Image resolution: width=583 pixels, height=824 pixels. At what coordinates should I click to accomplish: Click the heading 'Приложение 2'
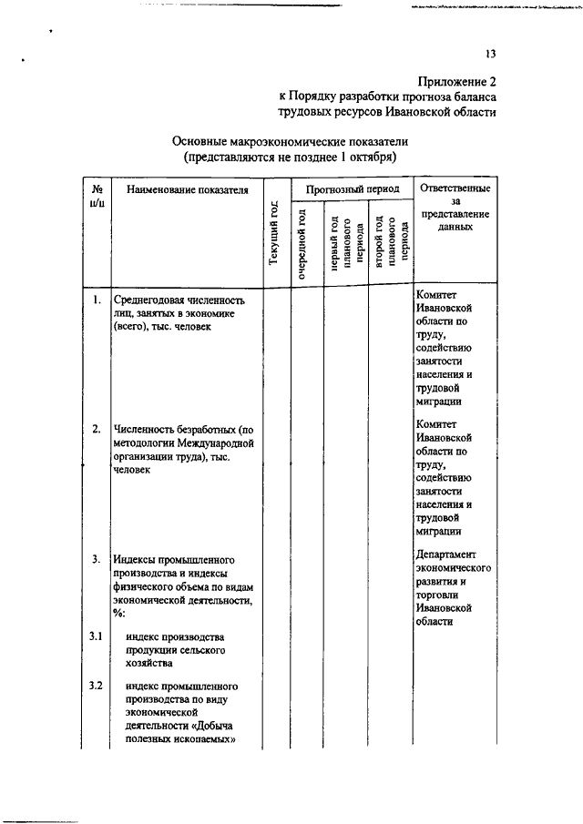pyautogui.click(x=456, y=80)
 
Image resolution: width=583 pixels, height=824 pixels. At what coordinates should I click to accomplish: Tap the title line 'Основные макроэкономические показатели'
pyautogui.click(x=290, y=142)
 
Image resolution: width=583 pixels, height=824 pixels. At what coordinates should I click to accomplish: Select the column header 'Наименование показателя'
pyautogui.click(x=189, y=190)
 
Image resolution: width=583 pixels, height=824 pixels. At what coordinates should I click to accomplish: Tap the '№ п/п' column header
pyautogui.click(x=97, y=197)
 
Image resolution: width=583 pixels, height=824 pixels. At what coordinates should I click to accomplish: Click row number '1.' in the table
pyautogui.click(x=97, y=299)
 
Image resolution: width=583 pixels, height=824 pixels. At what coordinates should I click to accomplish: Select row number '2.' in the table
pyautogui.click(x=97, y=428)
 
